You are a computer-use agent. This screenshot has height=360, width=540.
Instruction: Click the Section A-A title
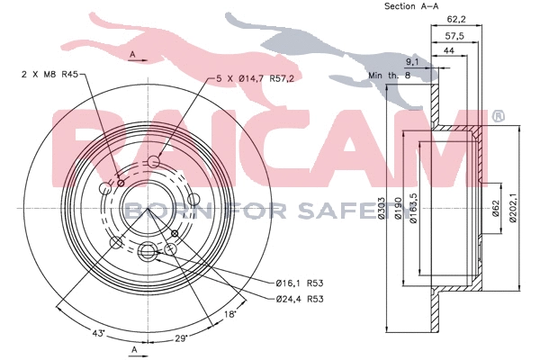pyautogui.click(x=411, y=6)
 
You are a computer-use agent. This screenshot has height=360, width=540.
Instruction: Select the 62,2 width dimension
pyautogui.click(x=456, y=19)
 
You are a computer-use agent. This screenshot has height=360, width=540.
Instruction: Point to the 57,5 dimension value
pyautogui.click(x=454, y=35)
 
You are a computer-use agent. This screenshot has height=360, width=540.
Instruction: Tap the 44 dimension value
pyautogui.click(x=449, y=50)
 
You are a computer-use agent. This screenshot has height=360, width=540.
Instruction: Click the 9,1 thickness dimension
pyautogui.click(x=412, y=62)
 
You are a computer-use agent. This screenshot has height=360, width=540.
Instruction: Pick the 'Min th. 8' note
pyautogui.click(x=390, y=75)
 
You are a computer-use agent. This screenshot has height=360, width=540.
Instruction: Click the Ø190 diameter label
pyautogui.click(x=398, y=208)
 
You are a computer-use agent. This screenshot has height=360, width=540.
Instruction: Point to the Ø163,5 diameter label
pyautogui.click(x=414, y=208)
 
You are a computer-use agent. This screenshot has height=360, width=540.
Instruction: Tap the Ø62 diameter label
pyautogui.click(x=496, y=208)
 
